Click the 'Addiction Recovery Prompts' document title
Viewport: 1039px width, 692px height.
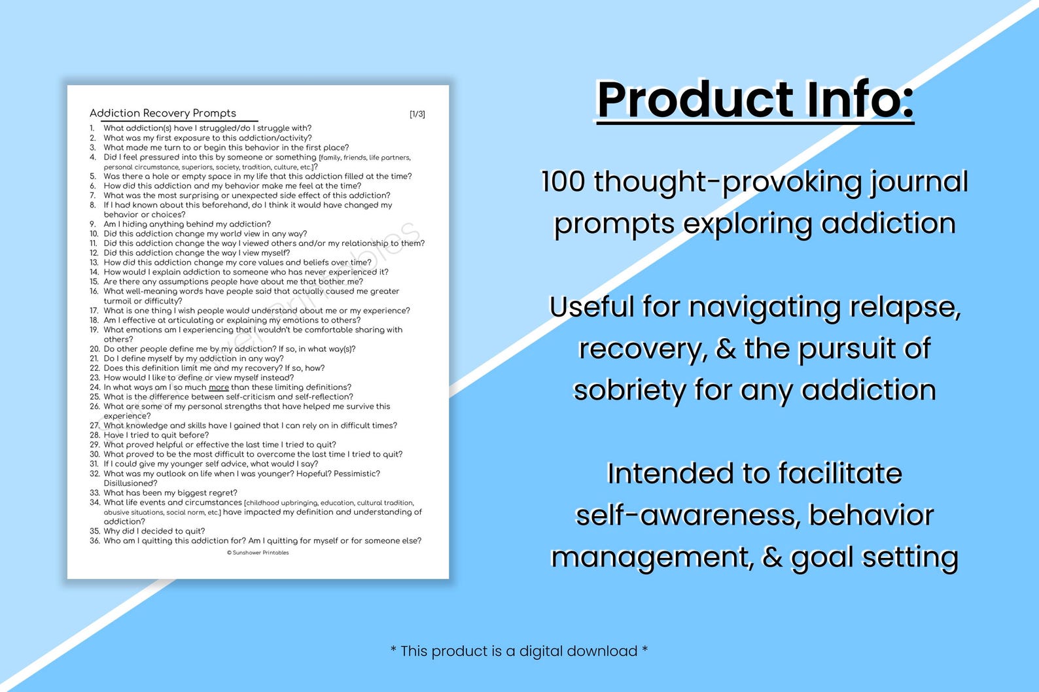(x=163, y=113)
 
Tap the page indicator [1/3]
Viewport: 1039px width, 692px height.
(x=417, y=114)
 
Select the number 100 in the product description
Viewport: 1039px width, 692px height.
(x=563, y=181)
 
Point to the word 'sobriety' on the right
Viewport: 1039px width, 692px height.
(x=629, y=390)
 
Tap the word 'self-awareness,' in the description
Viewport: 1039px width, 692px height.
(x=687, y=515)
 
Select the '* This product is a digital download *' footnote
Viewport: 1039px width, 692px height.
(x=519, y=651)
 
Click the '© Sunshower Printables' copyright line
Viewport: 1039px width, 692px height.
(x=258, y=553)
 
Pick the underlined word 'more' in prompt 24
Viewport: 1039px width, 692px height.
(x=219, y=387)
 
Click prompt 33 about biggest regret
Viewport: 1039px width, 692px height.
(x=170, y=493)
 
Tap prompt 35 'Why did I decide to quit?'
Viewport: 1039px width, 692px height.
(x=154, y=531)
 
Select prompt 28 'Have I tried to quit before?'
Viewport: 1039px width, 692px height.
(x=156, y=435)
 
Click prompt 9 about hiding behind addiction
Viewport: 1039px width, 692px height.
(x=186, y=224)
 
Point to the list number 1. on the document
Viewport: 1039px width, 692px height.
(x=93, y=128)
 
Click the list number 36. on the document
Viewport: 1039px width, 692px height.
(x=95, y=541)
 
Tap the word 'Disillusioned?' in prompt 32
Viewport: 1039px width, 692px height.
(x=130, y=483)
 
